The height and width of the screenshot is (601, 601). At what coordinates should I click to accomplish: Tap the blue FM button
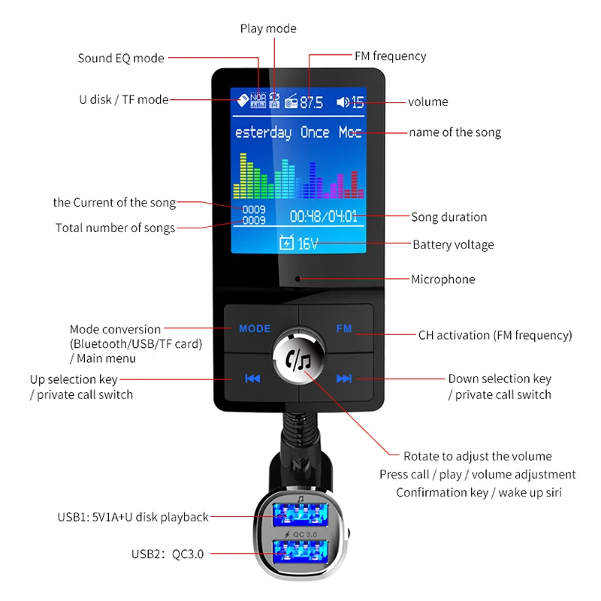[343, 328]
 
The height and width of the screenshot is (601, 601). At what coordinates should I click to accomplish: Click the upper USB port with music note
[300, 515]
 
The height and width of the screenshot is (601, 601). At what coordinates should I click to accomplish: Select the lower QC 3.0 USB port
[300, 553]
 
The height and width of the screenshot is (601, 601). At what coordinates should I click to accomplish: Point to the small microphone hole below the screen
[298, 279]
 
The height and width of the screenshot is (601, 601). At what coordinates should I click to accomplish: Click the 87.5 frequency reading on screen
[311, 102]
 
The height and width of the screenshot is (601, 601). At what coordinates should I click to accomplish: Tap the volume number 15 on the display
[357, 102]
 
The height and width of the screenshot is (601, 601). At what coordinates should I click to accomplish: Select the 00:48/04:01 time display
[323, 217]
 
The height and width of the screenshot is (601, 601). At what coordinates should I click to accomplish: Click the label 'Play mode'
[268, 29]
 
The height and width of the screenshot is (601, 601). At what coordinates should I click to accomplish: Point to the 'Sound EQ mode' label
[121, 58]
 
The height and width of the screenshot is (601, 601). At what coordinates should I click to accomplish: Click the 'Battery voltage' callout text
[453, 244]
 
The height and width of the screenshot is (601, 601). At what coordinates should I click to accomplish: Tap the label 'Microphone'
[442, 279]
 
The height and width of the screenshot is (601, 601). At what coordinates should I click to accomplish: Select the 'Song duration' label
[448, 217]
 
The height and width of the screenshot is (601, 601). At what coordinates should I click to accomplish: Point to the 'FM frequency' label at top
[390, 56]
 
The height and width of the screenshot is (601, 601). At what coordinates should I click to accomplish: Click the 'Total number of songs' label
[115, 228]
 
